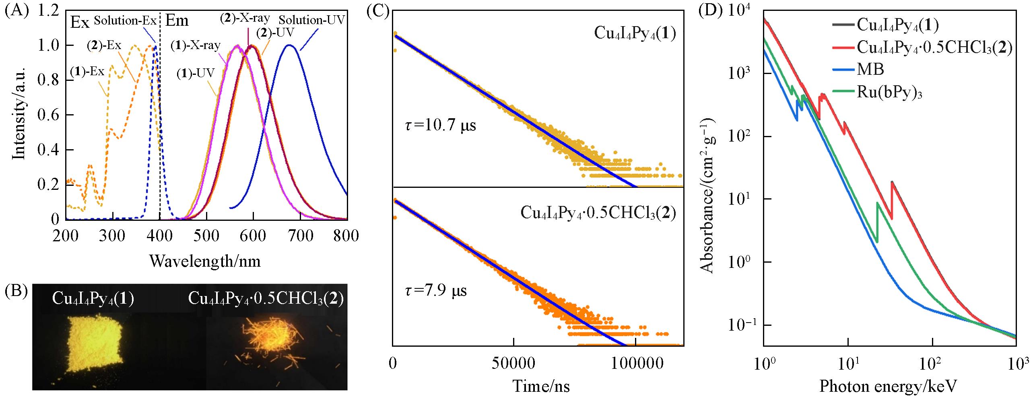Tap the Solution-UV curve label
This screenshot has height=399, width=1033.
click(x=312, y=20)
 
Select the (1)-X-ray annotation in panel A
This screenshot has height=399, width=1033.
click(x=196, y=45)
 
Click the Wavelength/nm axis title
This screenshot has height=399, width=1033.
click(x=205, y=261)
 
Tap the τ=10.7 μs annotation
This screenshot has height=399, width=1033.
click(x=440, y=125)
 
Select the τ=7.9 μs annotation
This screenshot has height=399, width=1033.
click(x=435, y=290)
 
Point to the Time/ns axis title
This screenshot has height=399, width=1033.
click(x=541, y=387)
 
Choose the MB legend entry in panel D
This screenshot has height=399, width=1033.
click(x=870, y=70)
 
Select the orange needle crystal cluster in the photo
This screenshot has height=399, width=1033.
click(x=274, y=340)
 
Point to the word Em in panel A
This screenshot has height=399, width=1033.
click(x=177, y=21)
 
